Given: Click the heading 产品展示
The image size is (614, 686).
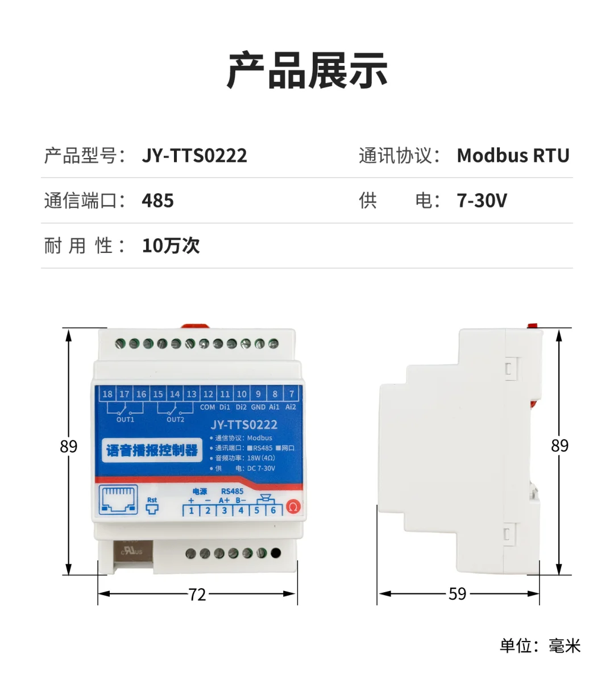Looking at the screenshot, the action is coord(307,71).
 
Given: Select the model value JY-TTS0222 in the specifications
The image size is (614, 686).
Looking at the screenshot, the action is coord(194,156).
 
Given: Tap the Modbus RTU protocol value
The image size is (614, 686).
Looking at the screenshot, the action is coord(513,156).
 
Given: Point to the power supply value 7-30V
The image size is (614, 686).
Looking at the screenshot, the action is coord(482,201).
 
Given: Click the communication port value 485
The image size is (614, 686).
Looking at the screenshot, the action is coord(157,201).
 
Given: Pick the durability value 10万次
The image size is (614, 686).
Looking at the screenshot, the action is coord(171,246).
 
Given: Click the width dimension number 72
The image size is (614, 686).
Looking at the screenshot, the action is coord(197,594).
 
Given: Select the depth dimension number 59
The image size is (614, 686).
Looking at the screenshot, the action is coord(457,594).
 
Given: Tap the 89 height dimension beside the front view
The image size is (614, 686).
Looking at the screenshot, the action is coord(68,447).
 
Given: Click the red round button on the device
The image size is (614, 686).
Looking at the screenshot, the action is coord(293,506).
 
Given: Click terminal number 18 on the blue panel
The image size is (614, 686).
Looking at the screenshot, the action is coord(107,394).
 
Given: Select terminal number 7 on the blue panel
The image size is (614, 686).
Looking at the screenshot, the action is coord(292,394).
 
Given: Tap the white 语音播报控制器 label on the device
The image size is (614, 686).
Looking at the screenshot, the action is coord(152,451).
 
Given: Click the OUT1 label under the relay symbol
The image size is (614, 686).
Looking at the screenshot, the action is coord(125,419).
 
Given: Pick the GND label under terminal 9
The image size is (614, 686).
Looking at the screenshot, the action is coord(258,407).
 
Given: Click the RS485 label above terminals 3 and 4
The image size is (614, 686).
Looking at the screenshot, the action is coord(232,491).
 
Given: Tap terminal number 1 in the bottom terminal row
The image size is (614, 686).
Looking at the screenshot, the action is coord(192,510).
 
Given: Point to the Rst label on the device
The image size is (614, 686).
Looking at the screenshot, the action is coord(152,500).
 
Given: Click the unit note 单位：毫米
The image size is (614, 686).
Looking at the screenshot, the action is coord(540,646).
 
